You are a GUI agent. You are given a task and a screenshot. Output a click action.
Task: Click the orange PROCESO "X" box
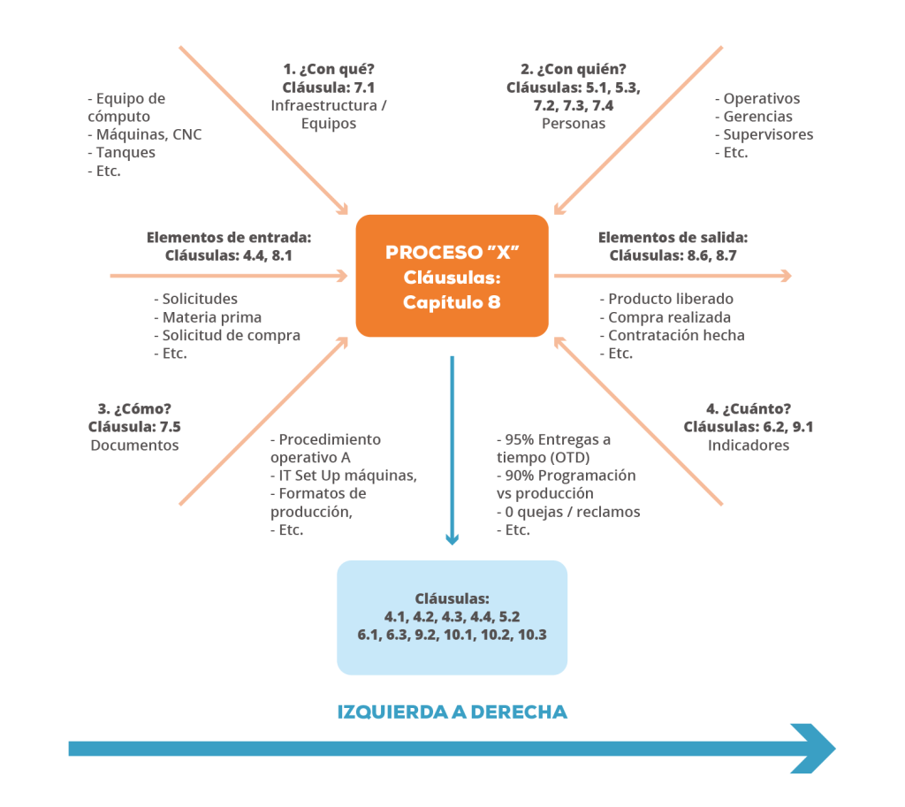[x=452, y=276]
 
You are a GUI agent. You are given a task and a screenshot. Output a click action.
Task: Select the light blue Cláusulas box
[x=452, y=617]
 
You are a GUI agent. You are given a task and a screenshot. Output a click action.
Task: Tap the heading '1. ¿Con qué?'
[x=329, y=69]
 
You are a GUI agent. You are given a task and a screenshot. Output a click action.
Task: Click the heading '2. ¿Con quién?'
[x=573, y=69]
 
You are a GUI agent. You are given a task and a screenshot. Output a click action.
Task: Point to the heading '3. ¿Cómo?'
[x=134, y=408]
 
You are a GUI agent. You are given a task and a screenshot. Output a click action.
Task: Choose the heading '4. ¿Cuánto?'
[x=748, y=408]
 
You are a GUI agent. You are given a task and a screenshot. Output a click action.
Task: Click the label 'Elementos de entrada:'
[x=229, y=237]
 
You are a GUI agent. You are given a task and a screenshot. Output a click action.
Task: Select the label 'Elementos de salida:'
[x=673, y=237]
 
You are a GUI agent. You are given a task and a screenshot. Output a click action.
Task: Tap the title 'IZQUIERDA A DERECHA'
[x=452, y=712]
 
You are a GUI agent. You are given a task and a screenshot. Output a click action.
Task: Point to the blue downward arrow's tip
[x=452, y=544]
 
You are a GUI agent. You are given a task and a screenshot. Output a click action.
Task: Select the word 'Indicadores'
[x=749, y=445]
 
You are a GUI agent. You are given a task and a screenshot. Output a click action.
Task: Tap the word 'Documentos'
[x=134, y=445]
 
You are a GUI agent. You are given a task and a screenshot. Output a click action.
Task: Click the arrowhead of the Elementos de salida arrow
[x=787, y=276]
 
